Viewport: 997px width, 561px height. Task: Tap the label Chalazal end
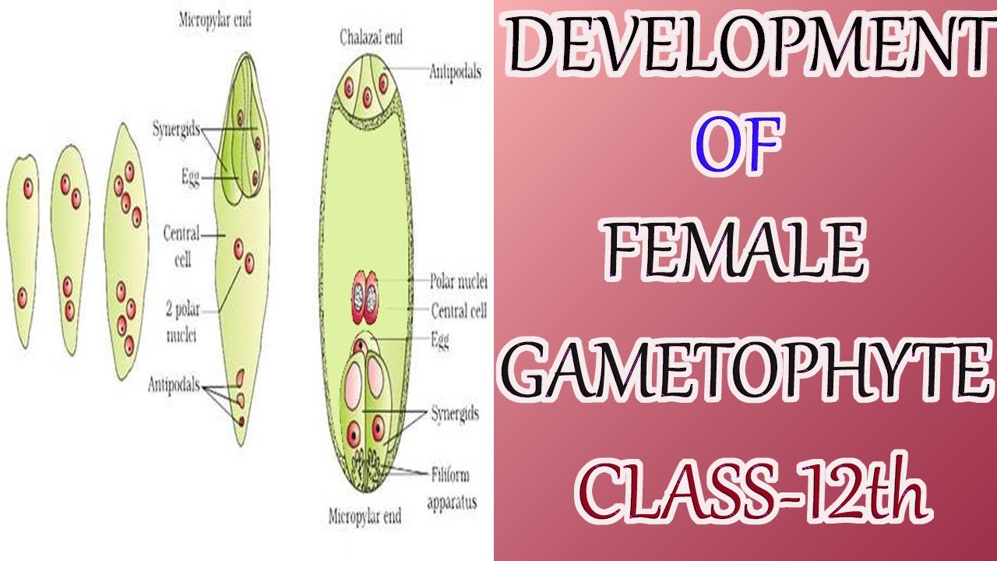click(370, 37)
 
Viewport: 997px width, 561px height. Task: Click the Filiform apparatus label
click(452, 488)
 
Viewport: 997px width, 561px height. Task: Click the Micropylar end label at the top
click(215, 21)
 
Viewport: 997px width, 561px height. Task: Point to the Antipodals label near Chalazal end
click(456, 72)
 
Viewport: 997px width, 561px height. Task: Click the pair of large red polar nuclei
click(365, 297)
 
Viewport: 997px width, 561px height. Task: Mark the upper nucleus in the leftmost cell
click(28, 188)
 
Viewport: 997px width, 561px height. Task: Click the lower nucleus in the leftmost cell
click(23, 296)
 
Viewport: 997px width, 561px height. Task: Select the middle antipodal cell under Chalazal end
click(367, 97)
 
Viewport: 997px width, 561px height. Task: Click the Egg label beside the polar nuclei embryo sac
click(439, 340)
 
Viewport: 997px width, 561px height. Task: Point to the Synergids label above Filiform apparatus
click(455, 414)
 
